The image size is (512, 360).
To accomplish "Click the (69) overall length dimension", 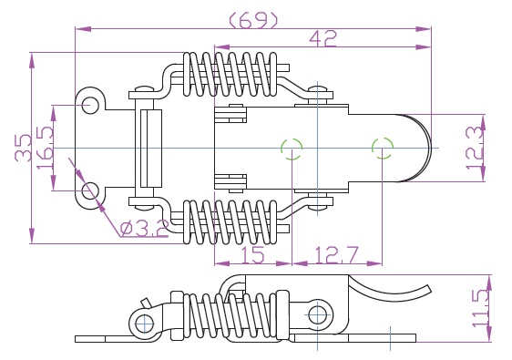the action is pos(253,20).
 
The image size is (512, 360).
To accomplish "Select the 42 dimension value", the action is pos(323,38).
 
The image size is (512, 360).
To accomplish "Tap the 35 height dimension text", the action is pos(23,148).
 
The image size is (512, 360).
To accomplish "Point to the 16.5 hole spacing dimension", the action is pos(45,148).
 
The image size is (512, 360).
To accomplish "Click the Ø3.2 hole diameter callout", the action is pos(144,228).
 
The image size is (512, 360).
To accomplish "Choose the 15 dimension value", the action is pos(252,254).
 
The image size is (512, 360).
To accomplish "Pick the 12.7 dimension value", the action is pos(337,254).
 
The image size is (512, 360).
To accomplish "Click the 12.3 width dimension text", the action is pos(475,148).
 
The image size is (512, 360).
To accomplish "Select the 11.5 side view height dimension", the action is pos(480,308).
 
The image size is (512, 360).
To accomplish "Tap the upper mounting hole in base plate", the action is pos(90,105).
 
